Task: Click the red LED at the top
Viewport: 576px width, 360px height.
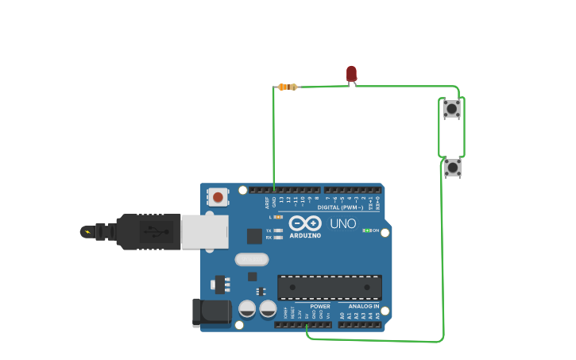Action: pos(351,74)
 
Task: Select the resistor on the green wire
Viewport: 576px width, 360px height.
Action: pos(288,87)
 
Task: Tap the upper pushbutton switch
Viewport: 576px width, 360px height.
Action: pos(451,108)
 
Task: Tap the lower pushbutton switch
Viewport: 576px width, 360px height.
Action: pos(452,167)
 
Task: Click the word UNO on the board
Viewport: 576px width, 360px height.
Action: pos(343,224)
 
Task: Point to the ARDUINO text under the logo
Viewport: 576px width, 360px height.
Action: pos(305,235)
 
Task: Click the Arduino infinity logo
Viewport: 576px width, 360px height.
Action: pos(305,223)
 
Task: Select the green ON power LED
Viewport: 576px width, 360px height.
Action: pos(367,230)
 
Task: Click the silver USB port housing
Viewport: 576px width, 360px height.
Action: pos(204,231)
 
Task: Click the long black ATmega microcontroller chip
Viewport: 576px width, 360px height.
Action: pos(329,287)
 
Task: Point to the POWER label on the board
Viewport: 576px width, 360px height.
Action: pos(320,306)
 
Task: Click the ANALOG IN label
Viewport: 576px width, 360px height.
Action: pos(363,306)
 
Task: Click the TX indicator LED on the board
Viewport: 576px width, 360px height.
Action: pos(278,230)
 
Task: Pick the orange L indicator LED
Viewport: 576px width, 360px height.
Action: pos(278,217)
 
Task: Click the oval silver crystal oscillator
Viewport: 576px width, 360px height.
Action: pos(252,259)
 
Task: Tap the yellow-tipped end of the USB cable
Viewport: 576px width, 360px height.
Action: pos(86,232)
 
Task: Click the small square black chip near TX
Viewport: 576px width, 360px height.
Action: pos(254,236)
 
